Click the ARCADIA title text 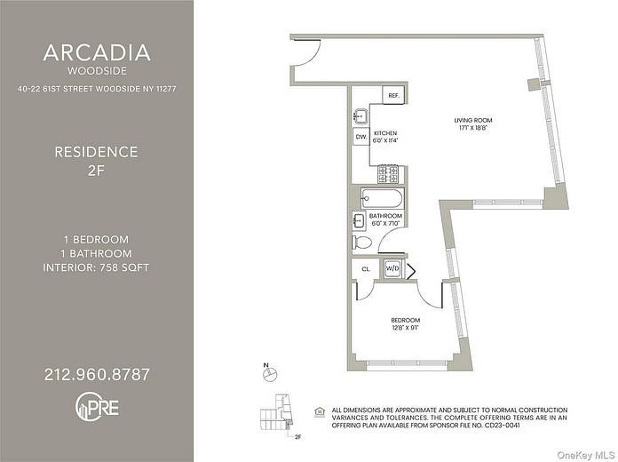[x=96, y=52]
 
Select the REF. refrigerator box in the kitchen [x=392, y=95]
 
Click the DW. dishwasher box [x=361, y=137]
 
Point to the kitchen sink [x=360, y=115]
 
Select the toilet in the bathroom [x=363, y=243]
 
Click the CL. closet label [x=365, y=267]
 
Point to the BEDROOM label [x=406, y=320]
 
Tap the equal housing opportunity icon [x=320, y=410]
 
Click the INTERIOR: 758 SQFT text [x=96, y=267]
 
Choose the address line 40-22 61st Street [x=96, y=88]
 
